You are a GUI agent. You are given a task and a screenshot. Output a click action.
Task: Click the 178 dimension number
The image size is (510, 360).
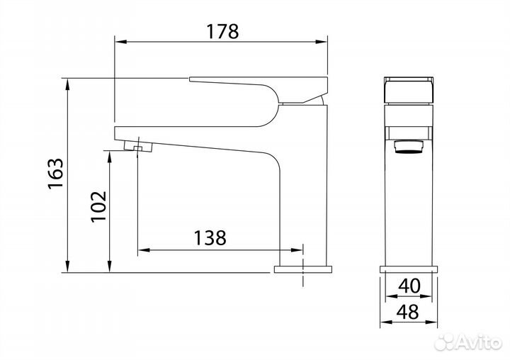pyautogui.click(x=222, y=32)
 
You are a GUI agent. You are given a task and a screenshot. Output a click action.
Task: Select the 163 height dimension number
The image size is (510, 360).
pyautogui.click(x=56, y=174)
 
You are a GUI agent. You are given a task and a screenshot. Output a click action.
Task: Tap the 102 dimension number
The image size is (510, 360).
pyautogui.click(x=99, y=206)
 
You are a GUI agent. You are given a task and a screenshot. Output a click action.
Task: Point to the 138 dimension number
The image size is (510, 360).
pyautogui.click(x=210, y=237)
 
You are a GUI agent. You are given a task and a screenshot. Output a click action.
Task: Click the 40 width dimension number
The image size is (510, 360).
pyautogui.click(x=409, y=286)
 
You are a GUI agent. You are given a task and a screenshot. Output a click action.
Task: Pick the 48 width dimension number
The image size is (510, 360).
pyautogui.click(x=408, y=312)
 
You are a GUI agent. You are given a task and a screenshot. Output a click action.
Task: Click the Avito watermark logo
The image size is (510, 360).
pyautogui.click(x=468, y=342)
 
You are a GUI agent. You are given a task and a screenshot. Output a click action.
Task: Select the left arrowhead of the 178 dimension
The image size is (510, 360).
pyautogui.click(x=121, y=42)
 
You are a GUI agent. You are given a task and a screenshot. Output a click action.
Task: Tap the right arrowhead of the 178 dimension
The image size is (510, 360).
pyautogui.click(x=321, y=42)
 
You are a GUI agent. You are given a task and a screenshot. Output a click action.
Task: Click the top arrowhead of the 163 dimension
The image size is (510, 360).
pyautogui.click(x=67, y=84)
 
